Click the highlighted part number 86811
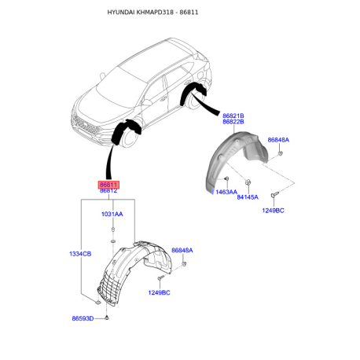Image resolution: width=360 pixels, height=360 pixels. pyautogui.click(x=108, y=185)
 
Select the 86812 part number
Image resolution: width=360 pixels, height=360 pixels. pyautogui.click(x=108, y=191)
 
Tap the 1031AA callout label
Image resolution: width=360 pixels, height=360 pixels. pyautogui.click(x=112, y=214)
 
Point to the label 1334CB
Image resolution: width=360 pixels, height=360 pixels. pyautogui.click(x=80, y=254)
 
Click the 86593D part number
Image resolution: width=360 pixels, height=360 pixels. pyautogui.click(x=83, y=318)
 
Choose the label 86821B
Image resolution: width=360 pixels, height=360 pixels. pyautogui.click(x=233, y=116)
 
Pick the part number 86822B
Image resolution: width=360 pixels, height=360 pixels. pyautogui.click(x=233, y=122)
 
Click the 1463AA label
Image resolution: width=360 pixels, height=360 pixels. pyautogui.click(x=226, y=192)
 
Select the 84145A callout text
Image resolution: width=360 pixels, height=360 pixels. pyautogui.click(x=248, y=197)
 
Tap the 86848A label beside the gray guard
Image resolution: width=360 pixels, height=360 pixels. pyautogui.click(x=278, y=140)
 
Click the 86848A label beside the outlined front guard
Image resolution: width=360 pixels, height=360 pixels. pyautogui.click(x=182, y=250)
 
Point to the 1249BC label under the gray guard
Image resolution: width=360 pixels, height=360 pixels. pyautogui.click(x=273, y=211)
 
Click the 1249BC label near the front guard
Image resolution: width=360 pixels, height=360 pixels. pyautogui.click(x=159, y=292)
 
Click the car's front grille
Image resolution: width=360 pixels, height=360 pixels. pyautogui.click(x=86, y=126)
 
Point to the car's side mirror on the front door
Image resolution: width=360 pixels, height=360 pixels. pyautogui.click(x=147, y=102)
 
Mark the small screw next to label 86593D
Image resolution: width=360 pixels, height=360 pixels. pyautogui.click(x=107, y=318)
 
